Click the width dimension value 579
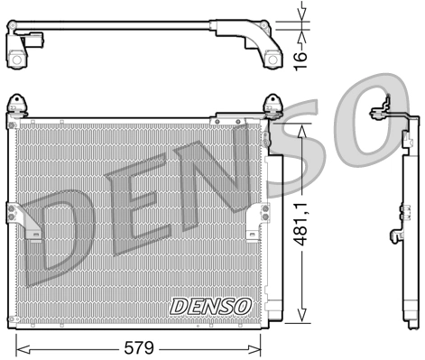pyautogui.click(x=140, y=346)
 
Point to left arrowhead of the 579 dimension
pyautogui.click(x=20, y=346)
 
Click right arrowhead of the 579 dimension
pyautogui.click(x=258, y=346)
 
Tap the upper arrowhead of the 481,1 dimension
pyautogui.click(x=304, y=126)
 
